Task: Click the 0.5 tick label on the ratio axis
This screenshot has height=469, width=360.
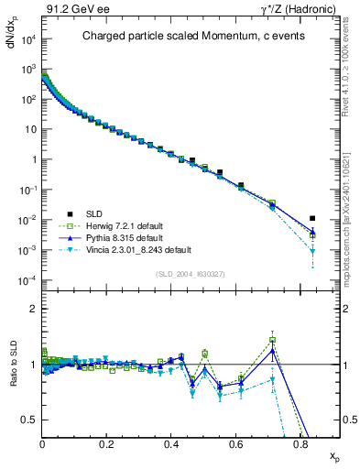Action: point(30,420)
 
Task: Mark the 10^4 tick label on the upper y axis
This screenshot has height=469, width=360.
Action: point(28,39)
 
